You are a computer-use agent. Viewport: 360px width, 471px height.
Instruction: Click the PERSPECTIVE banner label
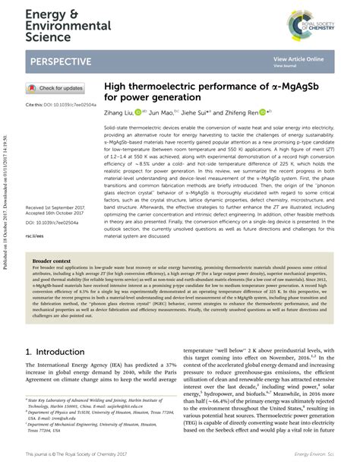coord(65,61)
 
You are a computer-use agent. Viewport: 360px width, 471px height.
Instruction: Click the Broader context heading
coord(54,260)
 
